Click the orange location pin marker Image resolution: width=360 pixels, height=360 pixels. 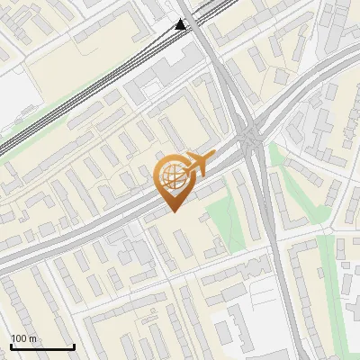click(173, 180)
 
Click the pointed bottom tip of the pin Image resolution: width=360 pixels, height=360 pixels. click(172, 211)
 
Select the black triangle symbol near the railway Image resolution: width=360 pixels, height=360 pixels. click(181, 25)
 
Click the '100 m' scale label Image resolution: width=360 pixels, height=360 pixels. click(24, 338)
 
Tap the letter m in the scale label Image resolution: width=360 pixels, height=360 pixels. click(34, 338)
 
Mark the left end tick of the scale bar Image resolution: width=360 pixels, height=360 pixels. click(11, 346)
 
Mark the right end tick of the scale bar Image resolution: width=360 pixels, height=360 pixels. click(74, 346)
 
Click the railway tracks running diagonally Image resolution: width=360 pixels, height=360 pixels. click(90, 90)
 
